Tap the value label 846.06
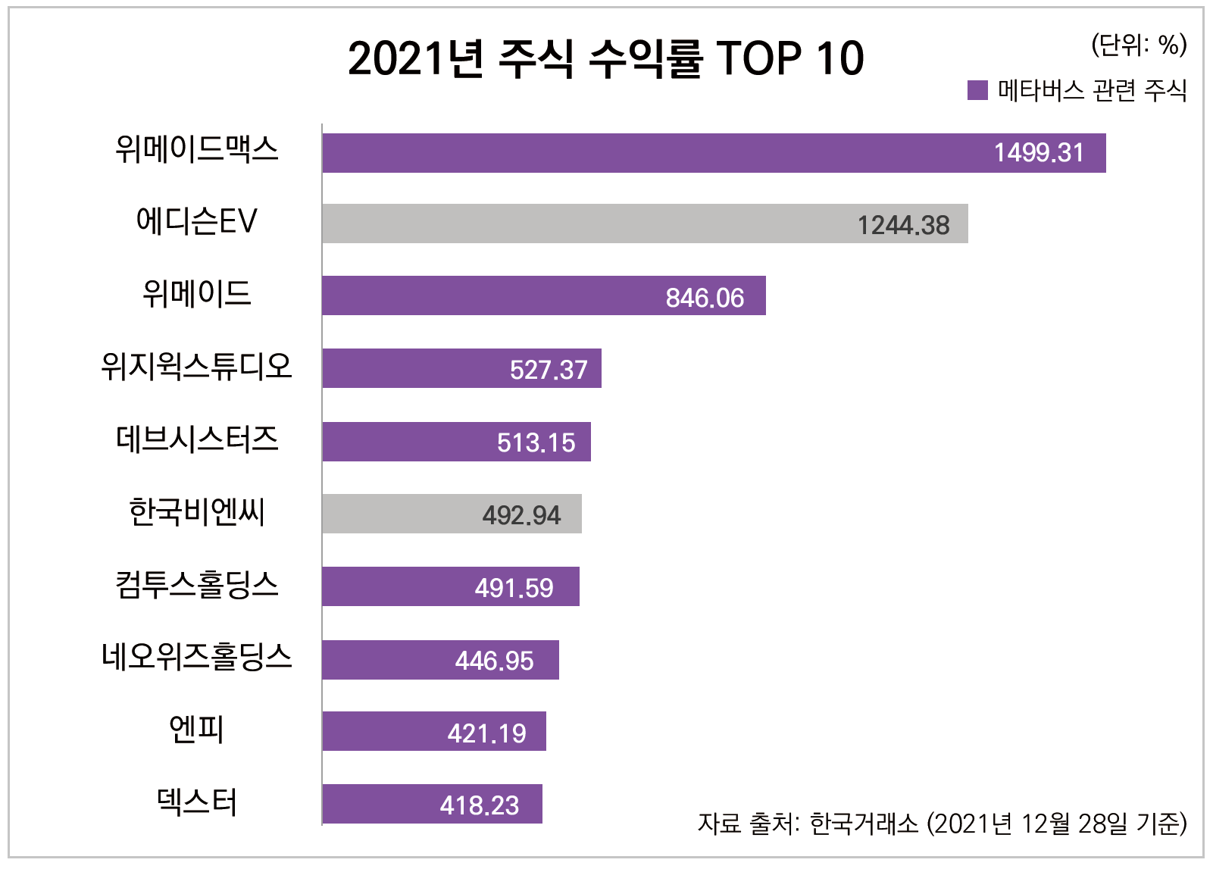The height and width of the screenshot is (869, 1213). tap(705, 298)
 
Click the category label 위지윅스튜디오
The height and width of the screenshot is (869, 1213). tap(196, 367)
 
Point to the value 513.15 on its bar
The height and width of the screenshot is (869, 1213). tap(536, 442)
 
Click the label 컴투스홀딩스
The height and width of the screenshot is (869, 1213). tap(196, 585)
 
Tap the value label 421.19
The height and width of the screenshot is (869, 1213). tap(486, 733)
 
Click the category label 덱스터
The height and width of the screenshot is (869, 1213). tap(196, 802)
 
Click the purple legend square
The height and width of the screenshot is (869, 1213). tap(977, 91)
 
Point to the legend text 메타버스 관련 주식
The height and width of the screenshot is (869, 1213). tap(1092, 91)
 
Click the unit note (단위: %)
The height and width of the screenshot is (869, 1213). tap(1138, 45)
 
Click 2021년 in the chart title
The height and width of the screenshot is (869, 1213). tap(415, 58)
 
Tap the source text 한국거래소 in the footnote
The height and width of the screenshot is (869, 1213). tap(863, 823)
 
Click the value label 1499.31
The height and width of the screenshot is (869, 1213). tap(1039, 153)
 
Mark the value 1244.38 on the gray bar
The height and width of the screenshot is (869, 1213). tap(902, 225)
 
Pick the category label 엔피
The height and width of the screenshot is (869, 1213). tap(196, 730)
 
